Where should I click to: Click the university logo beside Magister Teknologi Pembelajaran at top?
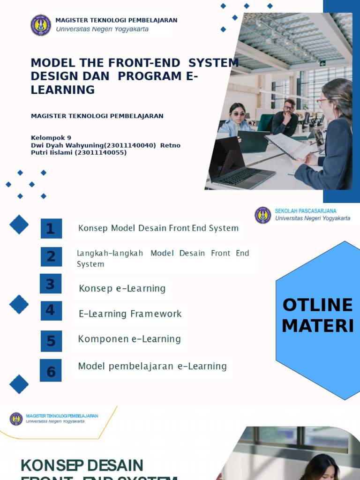point(41,25)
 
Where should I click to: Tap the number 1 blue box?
point(51,229)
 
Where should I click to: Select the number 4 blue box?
point(51,310)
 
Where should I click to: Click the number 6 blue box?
point(51,371)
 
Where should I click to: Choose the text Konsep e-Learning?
point(122,288)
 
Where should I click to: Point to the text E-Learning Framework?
point(130,314)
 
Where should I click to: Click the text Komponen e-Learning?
point(129,339)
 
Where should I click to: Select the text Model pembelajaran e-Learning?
point(152,366)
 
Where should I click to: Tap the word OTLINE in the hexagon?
point(317,305)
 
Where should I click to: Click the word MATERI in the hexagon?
point(317,326)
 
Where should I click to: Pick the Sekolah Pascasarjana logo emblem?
point(263,215)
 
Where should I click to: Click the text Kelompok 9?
point(51,138)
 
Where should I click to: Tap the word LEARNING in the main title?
point(62,90)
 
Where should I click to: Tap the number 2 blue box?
point(51,257)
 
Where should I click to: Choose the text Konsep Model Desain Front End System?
point(158,228)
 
